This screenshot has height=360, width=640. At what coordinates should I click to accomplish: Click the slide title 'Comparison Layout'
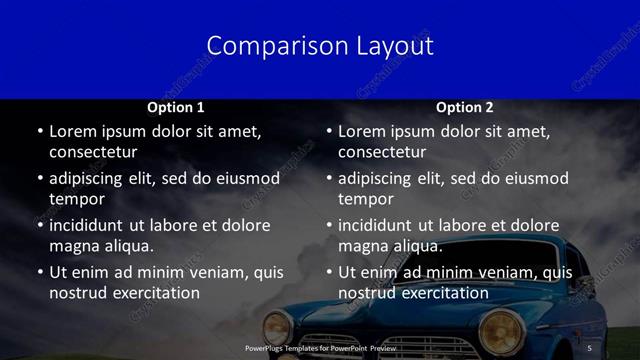[x=320, y=46]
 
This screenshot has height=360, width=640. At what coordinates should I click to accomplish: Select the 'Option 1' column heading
[x=176, y=107]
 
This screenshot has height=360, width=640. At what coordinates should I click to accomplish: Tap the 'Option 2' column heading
[x=465, y=107]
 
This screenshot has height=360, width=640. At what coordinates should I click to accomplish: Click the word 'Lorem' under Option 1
[x=73, y=131]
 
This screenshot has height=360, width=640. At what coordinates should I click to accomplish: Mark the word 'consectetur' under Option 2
[x=383, y=152]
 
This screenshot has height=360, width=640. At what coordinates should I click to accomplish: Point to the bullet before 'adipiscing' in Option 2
[x=328, y=179]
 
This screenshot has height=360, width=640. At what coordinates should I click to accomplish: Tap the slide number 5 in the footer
[x=590, y=348]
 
